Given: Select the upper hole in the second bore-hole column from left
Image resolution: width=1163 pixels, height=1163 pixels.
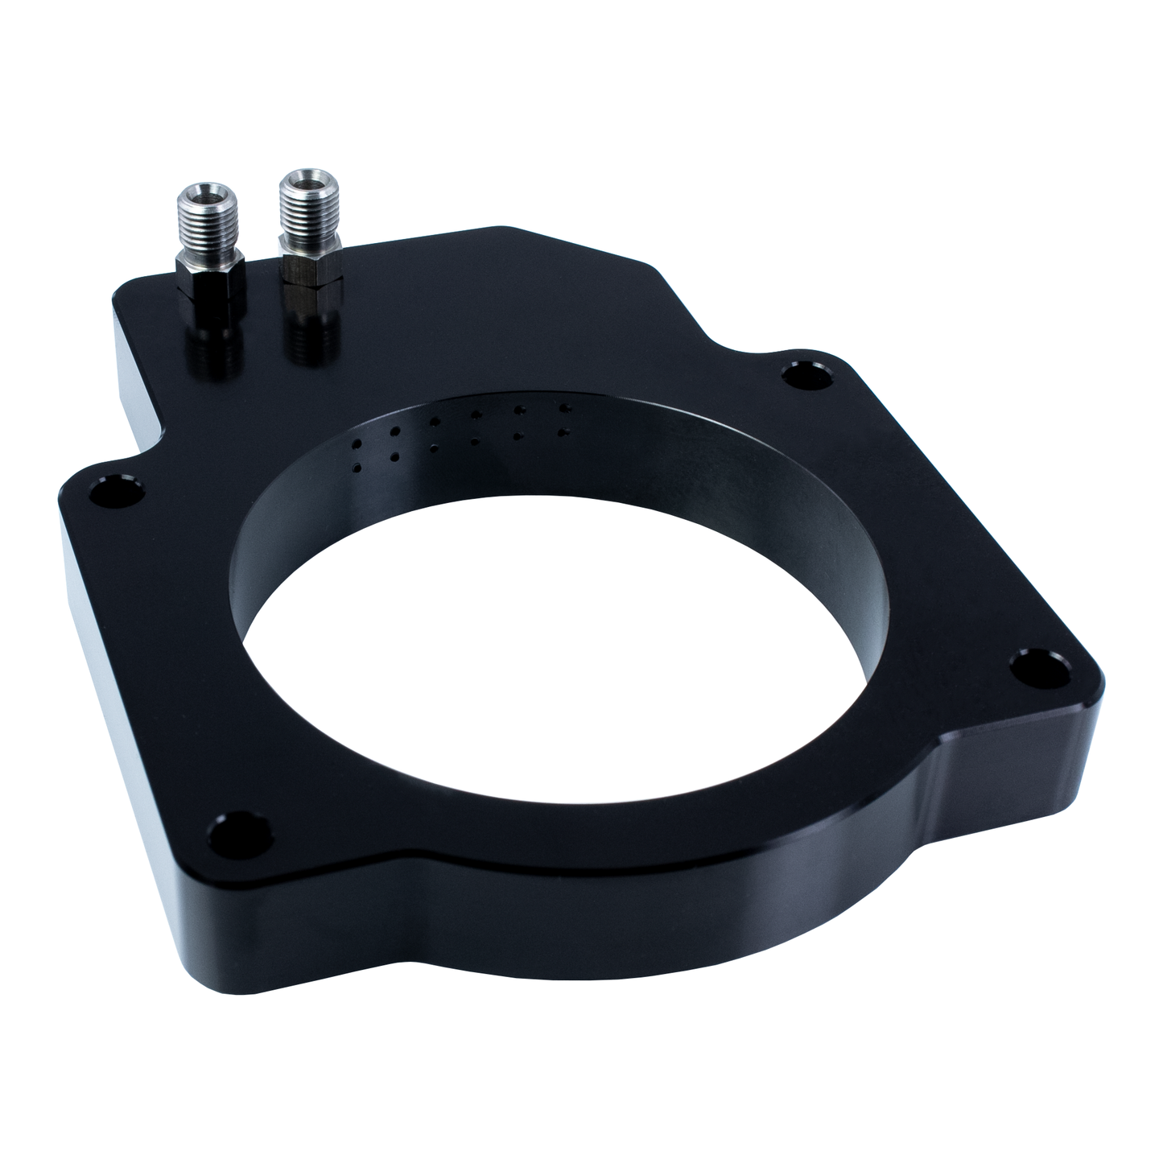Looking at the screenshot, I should (393, 431).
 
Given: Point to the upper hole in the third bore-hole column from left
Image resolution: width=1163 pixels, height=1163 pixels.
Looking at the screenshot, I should (434, 420).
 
